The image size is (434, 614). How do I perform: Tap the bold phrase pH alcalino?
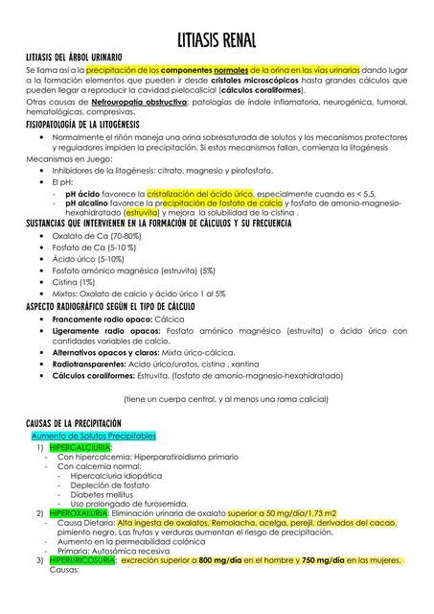(x=91, y=203)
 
